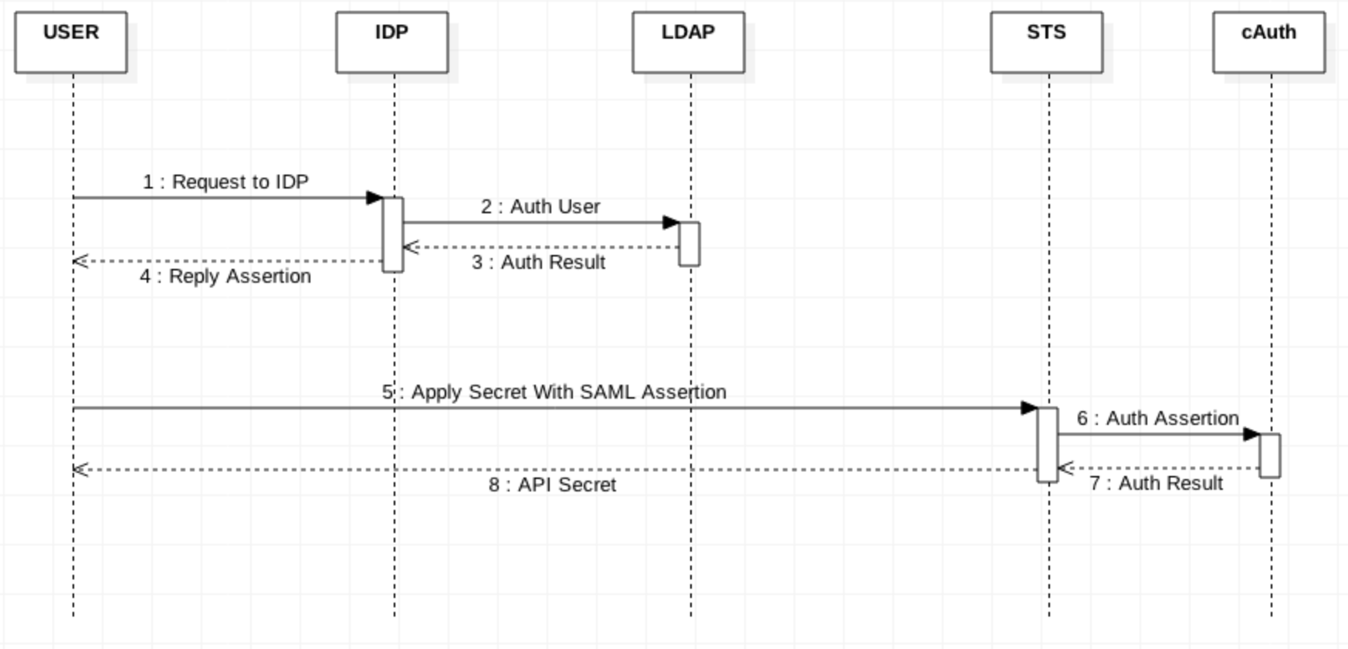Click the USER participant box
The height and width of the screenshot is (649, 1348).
click(70, 42)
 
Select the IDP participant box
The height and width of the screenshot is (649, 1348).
click(391, 42)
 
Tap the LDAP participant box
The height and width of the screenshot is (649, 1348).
click(688, 42)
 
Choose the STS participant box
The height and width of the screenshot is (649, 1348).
click(1046, 42)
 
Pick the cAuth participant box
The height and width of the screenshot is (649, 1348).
click(1268, 42)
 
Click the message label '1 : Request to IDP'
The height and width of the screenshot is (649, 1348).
click(225, 182)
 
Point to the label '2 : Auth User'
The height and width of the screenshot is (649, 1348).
click(540, 206)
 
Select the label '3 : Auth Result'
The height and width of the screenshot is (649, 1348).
click(539, 262)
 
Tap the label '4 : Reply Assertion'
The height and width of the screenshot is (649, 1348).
click(225, 276)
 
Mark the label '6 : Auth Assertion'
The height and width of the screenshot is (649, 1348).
click(1157, 418)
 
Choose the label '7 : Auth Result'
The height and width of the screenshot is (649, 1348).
click(1156, 483)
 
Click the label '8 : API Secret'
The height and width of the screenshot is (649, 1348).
click(553, 484)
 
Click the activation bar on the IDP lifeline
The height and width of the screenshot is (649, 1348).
click(393, 234)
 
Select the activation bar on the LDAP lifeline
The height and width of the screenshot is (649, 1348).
click(689, 243)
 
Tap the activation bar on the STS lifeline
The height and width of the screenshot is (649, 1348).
click(1047, 444)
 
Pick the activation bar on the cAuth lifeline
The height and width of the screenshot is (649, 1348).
click(1269, 455)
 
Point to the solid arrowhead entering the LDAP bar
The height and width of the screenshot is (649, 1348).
click(671, 223)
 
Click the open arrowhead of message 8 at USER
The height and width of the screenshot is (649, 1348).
click(80, 469)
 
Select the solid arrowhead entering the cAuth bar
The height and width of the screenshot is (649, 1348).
click(1251, 434)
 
